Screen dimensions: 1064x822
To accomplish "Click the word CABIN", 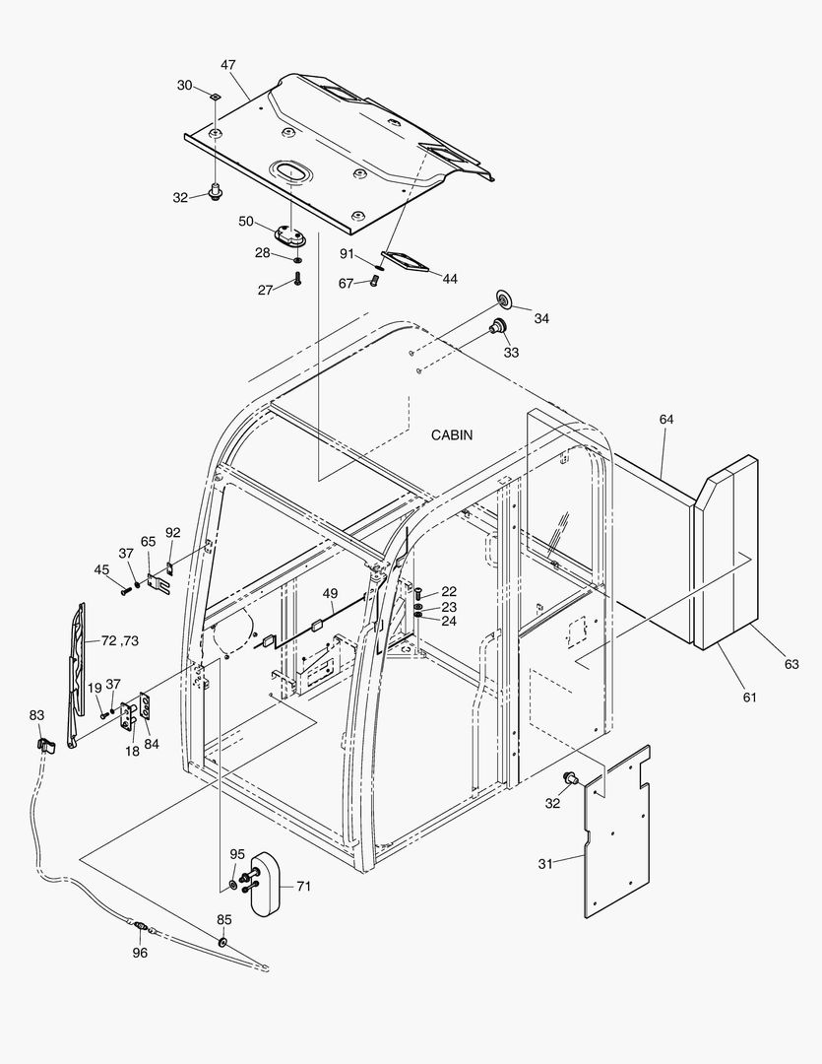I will tap(452, 434).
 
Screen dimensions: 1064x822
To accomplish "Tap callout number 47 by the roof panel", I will tap(227, 65).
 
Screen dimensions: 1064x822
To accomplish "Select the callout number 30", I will tap(185, 86).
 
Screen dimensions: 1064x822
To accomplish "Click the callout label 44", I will tap(449, 279).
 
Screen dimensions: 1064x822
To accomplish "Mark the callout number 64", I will tap(666, 420).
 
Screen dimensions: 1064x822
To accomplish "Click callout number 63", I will tap(791, 664).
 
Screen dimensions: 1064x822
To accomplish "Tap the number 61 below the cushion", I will tap(749, 698).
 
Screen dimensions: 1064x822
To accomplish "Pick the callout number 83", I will tap(36, 715).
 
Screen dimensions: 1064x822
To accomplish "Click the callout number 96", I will tap(140, 953).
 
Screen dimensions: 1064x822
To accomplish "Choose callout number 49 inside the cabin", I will tap(330, 594).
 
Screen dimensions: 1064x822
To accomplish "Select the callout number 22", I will tap(449, 591).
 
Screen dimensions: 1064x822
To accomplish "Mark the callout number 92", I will tap(173, 533).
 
